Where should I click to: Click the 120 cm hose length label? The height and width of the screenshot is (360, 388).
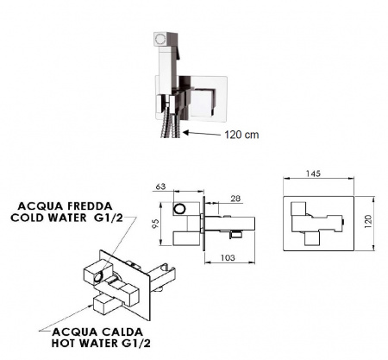click(x=241, y=135)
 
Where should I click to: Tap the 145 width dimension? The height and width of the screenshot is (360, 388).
click(x=313, y=174)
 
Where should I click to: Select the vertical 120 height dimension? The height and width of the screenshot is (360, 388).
click(x=368, y=222)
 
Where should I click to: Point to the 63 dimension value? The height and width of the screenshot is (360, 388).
click(x=160, y=186)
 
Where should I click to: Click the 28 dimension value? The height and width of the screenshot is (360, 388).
click(x=235, y=199)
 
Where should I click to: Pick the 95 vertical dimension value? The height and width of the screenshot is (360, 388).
click(x=155, y=224)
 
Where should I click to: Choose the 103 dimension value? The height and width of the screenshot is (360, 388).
click(x=228, y=257)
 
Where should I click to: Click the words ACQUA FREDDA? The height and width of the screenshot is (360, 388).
click(x=65, y=206)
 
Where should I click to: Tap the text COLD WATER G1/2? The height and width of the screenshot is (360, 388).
click(x=66, y=218)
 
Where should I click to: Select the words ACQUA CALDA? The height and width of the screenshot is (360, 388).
click(x=97, y=332)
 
